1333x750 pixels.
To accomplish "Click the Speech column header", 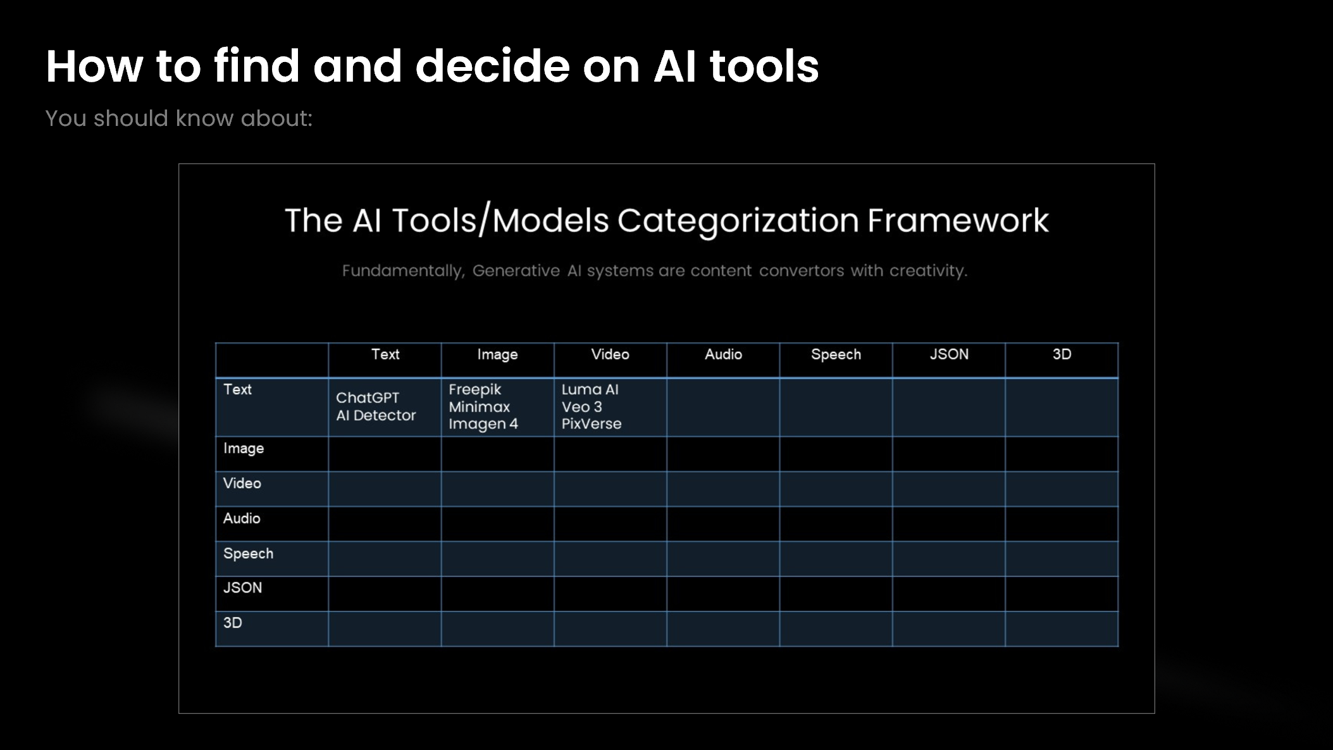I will (x=836, y=354).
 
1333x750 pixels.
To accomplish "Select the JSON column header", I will (x=948, y=354).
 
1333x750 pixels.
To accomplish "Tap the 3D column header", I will (x=1062, y=354).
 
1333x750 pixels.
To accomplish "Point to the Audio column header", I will (x=723, y=354).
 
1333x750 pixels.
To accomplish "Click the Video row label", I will (x=242, y=484).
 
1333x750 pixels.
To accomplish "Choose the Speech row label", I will (x=248, y=554).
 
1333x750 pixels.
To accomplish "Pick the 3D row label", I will (x=232, y=623).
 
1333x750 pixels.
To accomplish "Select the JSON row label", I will (x=242, y=588).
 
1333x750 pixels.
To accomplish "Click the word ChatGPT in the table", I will (x=368, y=398).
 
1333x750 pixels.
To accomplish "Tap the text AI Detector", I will (x=376, y=416).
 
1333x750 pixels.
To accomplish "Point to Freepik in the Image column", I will (x=474, y=390).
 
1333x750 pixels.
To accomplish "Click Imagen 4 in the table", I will (x=483, y=424).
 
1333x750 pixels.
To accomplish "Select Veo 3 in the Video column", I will (x=581, y=407).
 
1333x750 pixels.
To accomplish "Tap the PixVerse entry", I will (x=591, y=424).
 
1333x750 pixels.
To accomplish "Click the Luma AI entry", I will (x=590, y=390).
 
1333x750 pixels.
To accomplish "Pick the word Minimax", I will (x=479, y=407).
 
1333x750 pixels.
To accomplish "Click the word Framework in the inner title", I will (x=957, y=221).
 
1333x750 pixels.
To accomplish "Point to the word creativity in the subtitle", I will (x=927, y=271).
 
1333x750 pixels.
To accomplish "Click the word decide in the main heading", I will (x=492, y=66).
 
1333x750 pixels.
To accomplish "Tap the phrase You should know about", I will (x=178, y=118).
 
